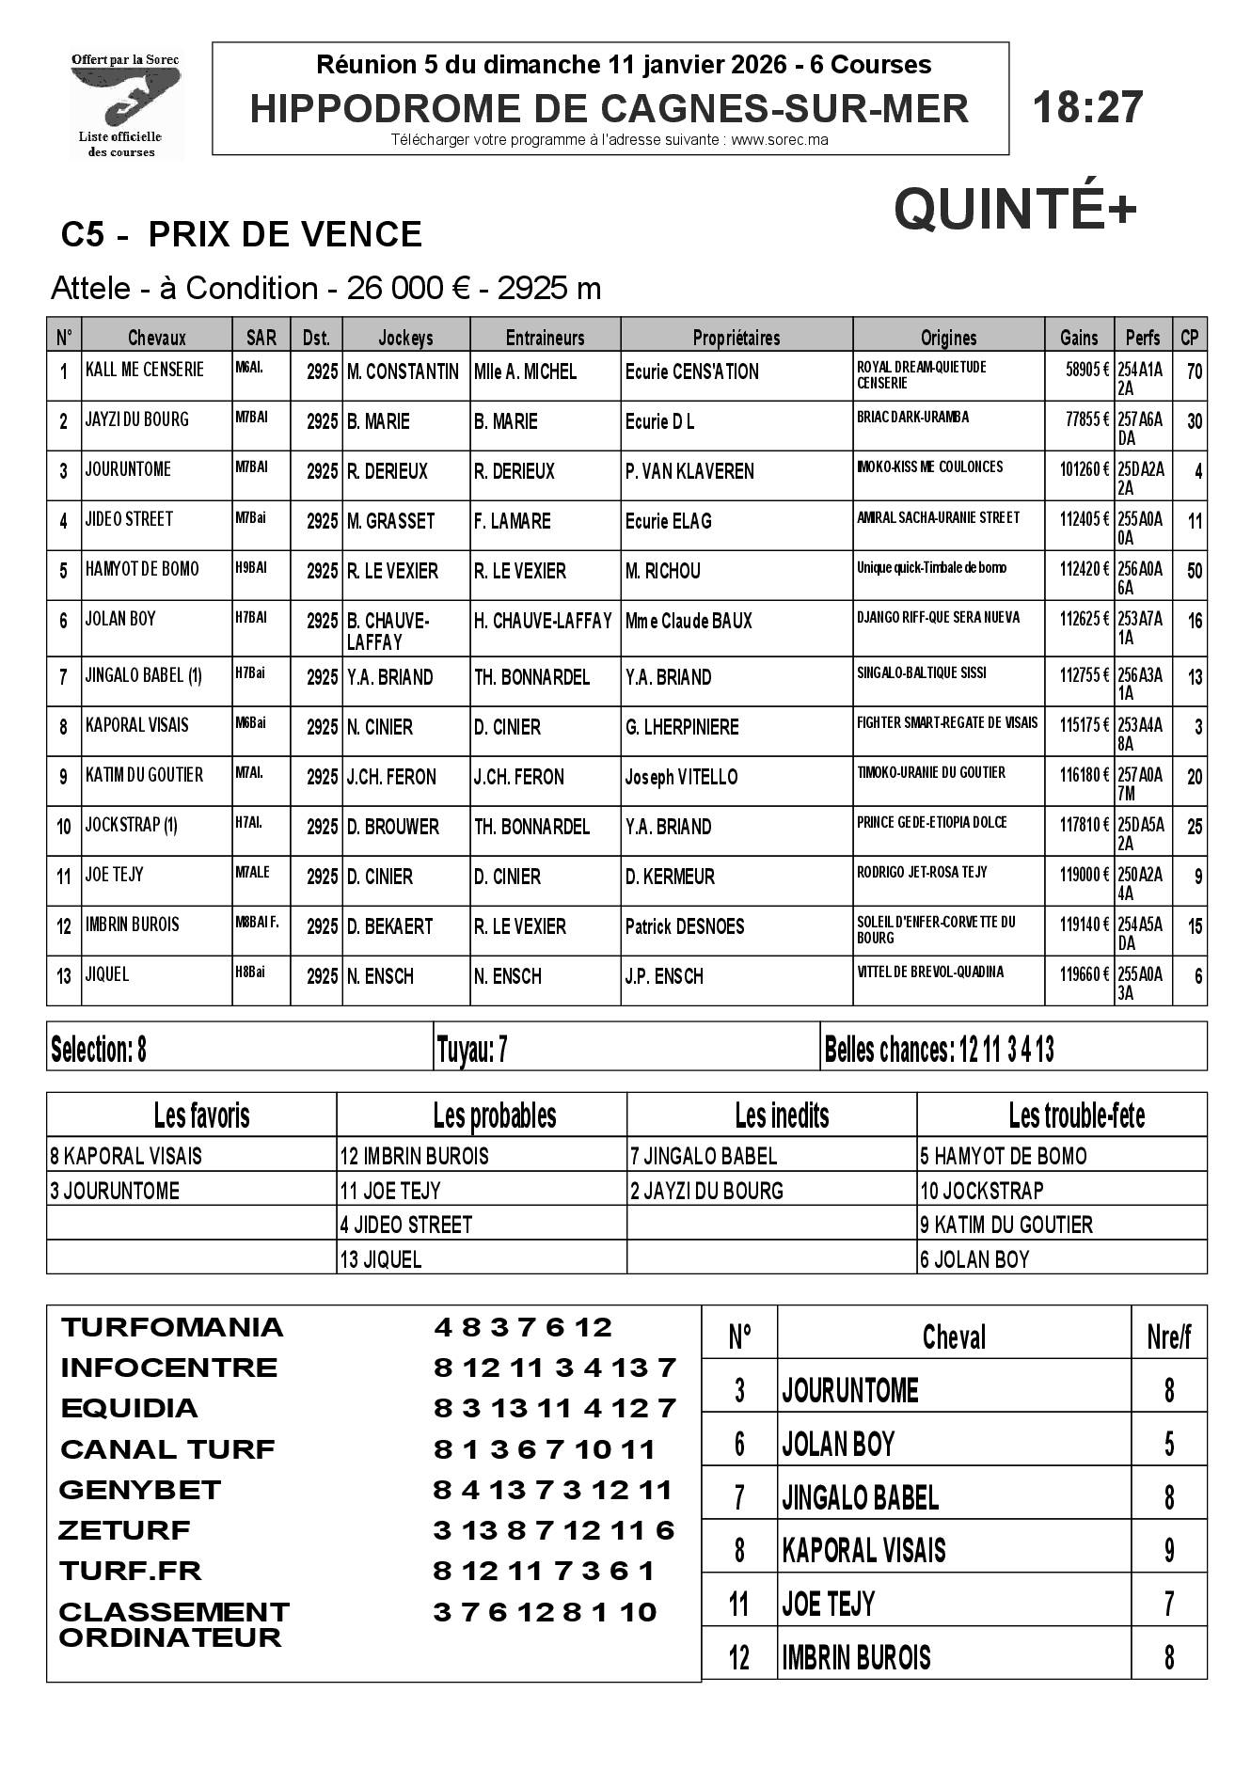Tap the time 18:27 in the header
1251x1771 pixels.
1087,107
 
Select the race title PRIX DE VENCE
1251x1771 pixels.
285,234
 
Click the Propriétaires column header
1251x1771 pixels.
736,337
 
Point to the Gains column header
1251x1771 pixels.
1078,337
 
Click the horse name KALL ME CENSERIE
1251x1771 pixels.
144,370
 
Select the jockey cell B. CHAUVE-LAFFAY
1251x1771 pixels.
388,630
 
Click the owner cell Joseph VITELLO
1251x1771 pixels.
681,777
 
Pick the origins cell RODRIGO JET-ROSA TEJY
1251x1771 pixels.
922,872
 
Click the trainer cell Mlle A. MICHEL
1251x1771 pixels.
525,372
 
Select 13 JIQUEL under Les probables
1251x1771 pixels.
381,1259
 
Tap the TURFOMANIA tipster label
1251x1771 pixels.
171,1327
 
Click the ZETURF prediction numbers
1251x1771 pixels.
554,1530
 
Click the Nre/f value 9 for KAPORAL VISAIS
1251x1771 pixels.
1168,1549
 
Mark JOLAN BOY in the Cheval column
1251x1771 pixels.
838,1444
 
